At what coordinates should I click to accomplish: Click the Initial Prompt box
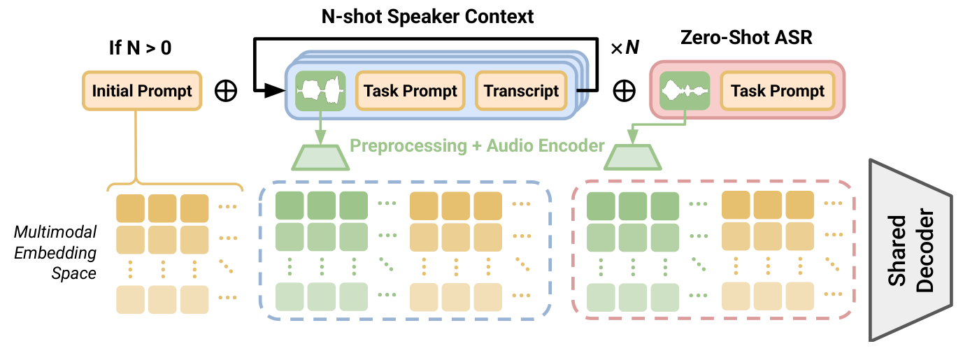(x=142, y=91)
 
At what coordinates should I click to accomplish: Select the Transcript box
(x=521, y=91)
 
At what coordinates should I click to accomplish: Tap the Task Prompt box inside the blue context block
(x=411, y=91)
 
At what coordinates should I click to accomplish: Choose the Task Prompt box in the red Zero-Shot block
(x=777, y=91)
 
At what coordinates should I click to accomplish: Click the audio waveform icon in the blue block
(x=320, y=91)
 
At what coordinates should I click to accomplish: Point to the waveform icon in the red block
(x=685, y=91)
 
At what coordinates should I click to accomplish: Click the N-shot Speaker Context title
(x=427, y=16)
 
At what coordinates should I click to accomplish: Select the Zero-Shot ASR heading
(x=746, y=37)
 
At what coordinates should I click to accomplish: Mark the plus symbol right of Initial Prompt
(x=225, y=91)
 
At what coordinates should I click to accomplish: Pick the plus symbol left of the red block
(x=624, y=91)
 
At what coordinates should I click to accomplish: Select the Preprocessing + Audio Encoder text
(x=477, y=145)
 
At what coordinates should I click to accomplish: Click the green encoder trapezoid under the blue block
(x=320, y=157)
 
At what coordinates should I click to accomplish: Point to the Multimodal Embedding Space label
(x=56, y=252)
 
